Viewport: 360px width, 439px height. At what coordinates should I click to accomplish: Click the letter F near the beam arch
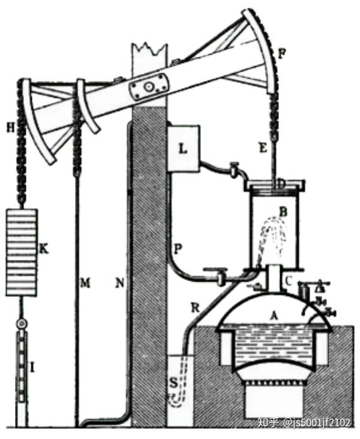click(x=282, y=53)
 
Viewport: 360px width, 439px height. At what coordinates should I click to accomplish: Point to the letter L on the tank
click(x=181, y=148)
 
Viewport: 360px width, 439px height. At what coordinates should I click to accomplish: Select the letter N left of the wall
click(x=119, y=282)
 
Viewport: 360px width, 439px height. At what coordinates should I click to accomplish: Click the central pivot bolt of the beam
click(x=148, y=88)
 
